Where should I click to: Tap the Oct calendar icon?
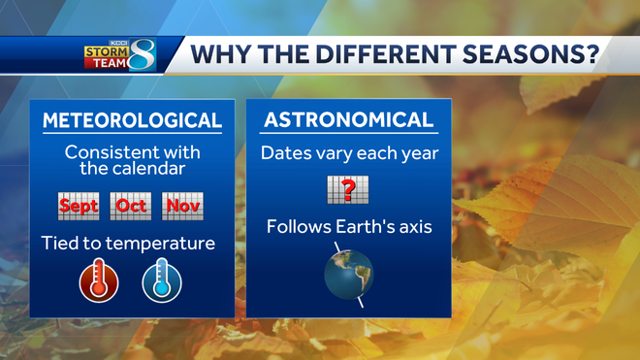tap(131, 205)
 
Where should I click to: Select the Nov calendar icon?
tap(182, 205)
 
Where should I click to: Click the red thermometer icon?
tap(99, 281)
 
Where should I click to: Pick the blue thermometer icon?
tap(161, 281)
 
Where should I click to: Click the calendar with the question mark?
tap(348, 188)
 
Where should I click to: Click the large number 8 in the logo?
tap(142, 54)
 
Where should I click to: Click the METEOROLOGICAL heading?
tap(132, 121)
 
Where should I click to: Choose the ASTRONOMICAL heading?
tap(349, 120)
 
